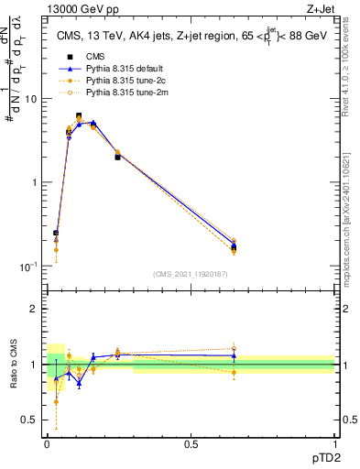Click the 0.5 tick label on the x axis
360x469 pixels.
pyautogui.click(x=191, y=444)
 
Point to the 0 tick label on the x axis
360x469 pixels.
pyautogui.click(x=47, y=444)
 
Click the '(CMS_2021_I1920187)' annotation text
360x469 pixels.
pyautogui.click(x=191, y=275)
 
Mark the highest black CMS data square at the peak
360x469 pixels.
pyautogui.click(x=104, y=116)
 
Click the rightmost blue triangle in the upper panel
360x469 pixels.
pyautogui.click(x=234, y=245)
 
